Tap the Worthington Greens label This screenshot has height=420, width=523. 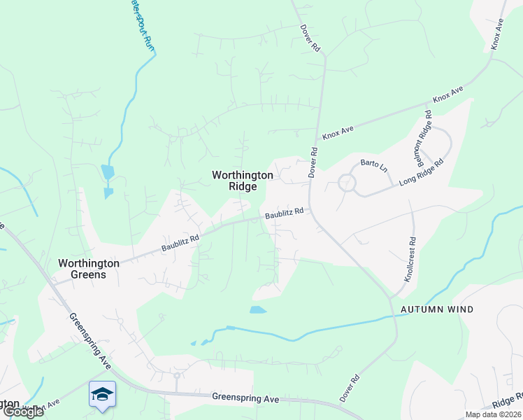[89, 269]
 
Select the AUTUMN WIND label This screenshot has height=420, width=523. [437, 309]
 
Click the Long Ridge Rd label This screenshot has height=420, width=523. [422, 173]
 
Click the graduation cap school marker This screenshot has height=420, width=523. [102, 395]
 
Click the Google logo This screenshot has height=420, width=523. [23, 412]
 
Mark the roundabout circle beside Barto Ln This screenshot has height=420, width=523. [347, 184]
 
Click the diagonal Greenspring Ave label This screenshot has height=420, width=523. [89, 341]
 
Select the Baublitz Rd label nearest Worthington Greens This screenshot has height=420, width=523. [180, 243]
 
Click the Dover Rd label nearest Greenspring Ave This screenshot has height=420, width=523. [350, 388]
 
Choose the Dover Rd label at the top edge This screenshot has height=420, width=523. [310, 39]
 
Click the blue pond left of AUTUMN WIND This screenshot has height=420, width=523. [258, 309]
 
